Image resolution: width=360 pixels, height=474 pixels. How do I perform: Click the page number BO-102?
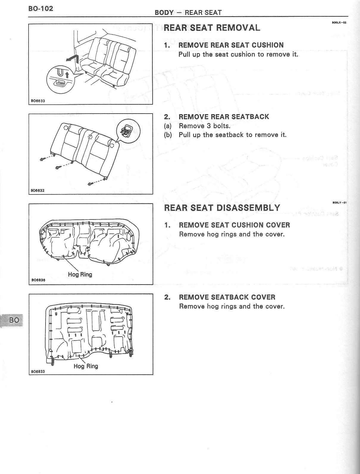coord(41,8)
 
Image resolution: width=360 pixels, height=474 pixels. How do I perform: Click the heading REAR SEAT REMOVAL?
coord(212,28)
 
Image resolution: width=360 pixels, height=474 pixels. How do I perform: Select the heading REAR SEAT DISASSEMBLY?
coord(222,208)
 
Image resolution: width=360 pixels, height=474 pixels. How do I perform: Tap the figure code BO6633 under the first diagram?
coord(38,101)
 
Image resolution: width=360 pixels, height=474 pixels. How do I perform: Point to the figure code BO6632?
coord(38,190)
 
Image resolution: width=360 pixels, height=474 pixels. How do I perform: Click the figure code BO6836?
coord(38,280)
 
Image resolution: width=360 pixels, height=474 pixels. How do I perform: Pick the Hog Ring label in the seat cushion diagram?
coord(80,274)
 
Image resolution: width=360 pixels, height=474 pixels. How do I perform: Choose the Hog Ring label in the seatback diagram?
coord(86,366)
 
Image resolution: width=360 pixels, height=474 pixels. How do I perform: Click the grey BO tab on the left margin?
coord(14,320)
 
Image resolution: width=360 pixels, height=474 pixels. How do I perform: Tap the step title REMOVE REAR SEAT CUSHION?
coord(231,45)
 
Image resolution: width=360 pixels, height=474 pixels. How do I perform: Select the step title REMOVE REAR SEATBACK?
coord(224,117)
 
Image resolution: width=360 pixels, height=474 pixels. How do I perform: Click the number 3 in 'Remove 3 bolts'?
coord(209,126)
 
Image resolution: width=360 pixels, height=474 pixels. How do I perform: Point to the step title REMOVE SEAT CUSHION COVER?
coord(234,225)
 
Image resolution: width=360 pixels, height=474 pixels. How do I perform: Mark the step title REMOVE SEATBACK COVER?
coord(227,297)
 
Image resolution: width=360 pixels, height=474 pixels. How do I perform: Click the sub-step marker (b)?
coord(168,135)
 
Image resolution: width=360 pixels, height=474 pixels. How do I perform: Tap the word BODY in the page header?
coord(164,12)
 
